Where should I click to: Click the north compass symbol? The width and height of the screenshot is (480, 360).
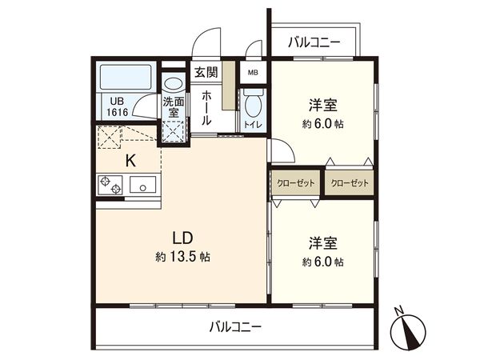coord(410,329)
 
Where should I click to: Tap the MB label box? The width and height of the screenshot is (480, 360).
coord(253,73)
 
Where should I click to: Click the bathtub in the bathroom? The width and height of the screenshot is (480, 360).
coord(126,78)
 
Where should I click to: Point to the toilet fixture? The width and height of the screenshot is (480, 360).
coord(254,104)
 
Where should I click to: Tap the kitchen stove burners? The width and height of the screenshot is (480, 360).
coord(110,186)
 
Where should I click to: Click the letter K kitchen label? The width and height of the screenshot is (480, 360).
coord(130,160)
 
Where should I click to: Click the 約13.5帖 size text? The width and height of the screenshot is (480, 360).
coord(183,258)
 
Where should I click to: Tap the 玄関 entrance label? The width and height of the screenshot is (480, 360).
coord(206,73)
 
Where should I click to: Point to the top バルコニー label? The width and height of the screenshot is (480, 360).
coord(314,42)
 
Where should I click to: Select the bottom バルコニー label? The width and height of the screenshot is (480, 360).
coord(235,326)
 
